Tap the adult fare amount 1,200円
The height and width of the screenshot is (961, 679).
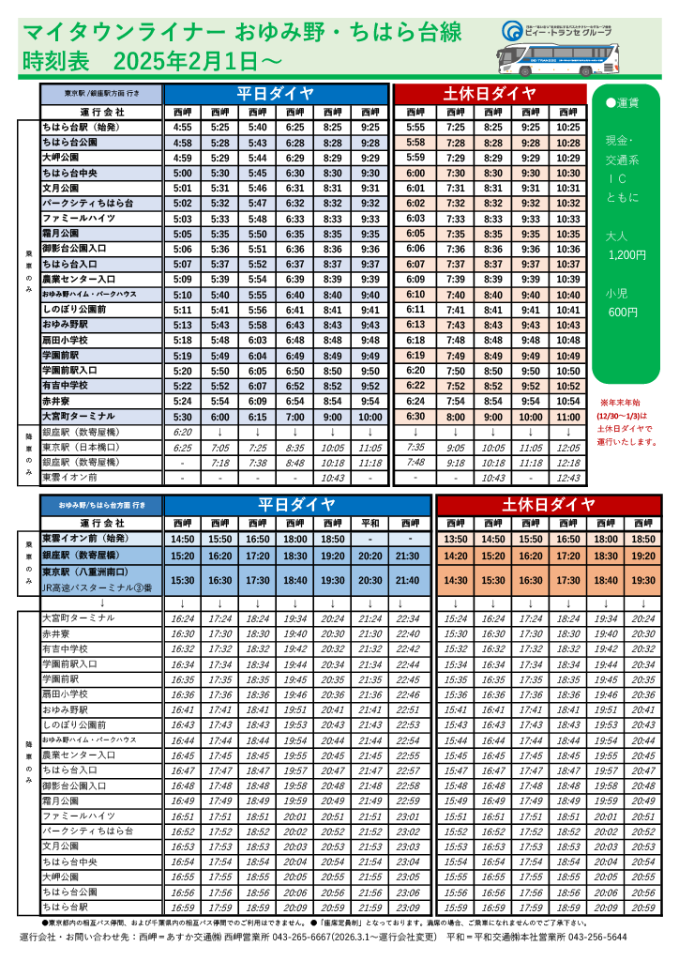click(x=627, y=254)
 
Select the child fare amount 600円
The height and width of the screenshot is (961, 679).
click(x=623, y=312)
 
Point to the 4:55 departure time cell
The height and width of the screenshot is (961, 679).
click(x=183, y=127)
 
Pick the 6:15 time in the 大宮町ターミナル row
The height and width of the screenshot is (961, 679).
click(x=258, y=417)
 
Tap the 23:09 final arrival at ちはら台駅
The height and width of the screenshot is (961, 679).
click(x=408, y=908)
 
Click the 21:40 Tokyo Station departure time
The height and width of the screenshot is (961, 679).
click(x=408, y=580)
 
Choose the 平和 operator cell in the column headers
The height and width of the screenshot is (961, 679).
click(x=370, y=523)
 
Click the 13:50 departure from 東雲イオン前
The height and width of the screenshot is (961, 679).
click(x=456, y=540)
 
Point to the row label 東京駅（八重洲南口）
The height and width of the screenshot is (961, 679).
click(x=90, y=572)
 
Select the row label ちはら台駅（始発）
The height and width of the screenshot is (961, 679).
click(x=81, y=127)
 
